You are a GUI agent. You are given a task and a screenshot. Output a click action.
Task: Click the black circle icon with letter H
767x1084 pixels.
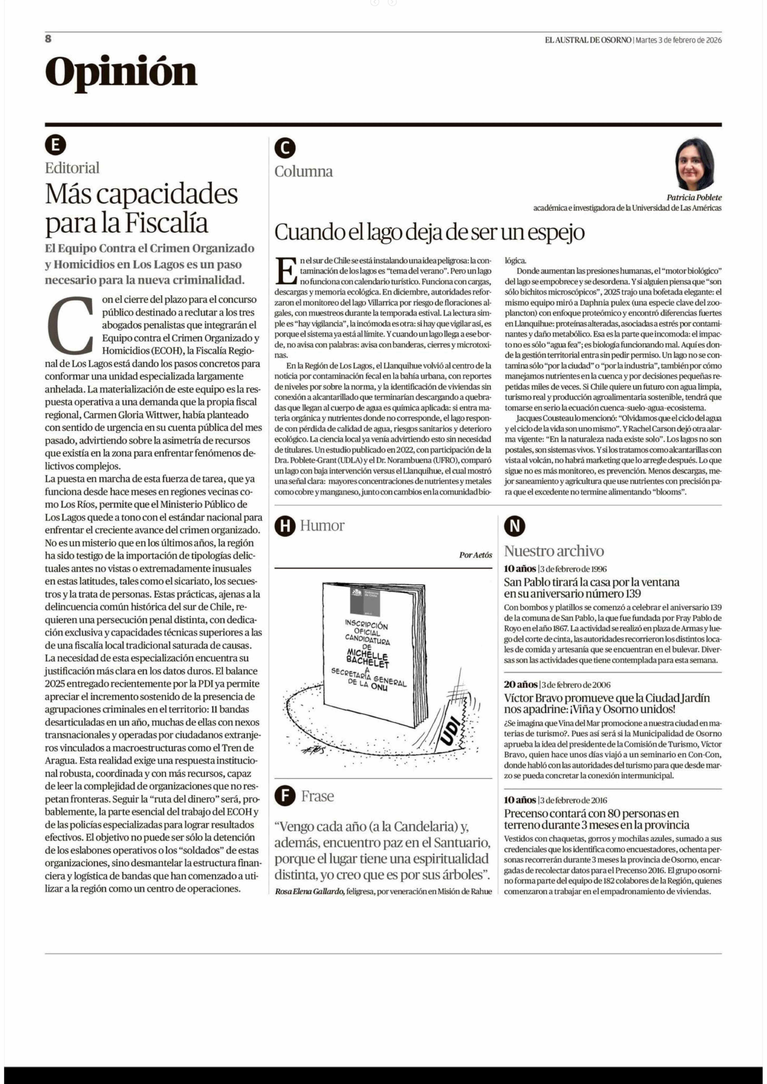click(x=285, y=526)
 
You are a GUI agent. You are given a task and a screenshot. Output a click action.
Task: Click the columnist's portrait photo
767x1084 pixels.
click(x=694, y=164)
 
